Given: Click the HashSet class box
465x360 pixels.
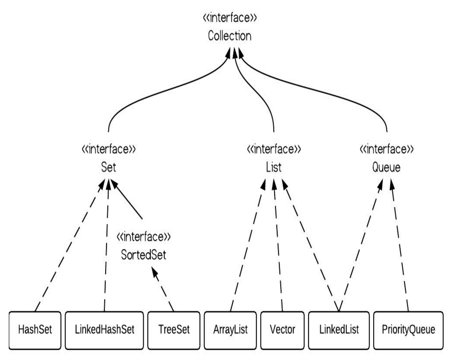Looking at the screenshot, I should pos(35,329).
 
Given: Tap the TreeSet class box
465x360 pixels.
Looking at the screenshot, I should pos(174,329).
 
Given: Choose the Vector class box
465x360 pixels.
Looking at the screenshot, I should pos(283,329).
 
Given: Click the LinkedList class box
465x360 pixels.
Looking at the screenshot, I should pos(339,329).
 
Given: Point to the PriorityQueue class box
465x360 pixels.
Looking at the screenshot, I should pos(408,329).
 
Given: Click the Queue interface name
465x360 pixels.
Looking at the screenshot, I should pos(386,168).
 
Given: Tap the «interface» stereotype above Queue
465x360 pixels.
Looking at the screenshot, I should pos(386,149).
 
